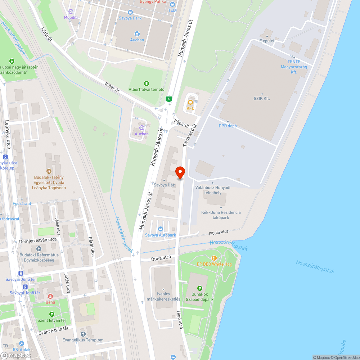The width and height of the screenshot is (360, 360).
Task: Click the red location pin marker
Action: click(180, 172)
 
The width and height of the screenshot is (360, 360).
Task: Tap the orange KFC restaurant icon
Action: click(190, 102)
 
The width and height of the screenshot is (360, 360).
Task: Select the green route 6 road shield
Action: click(168, 99)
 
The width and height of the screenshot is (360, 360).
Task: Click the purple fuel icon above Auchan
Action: click(141, 127)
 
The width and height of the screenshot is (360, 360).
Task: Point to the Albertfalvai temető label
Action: click(147, 89)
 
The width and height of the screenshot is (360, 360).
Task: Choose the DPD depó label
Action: click(228, 126)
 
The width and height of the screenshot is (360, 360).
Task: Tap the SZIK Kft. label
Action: click(262, 98)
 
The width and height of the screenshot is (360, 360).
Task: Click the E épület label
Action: click(267, 41)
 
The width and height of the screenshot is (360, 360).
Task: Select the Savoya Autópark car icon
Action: click(161, 229)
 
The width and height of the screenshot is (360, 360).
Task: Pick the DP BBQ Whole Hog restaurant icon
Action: click(214, 258)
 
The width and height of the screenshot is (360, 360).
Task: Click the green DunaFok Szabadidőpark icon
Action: click(199, 288)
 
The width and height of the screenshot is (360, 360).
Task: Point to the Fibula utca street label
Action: click(219, 233)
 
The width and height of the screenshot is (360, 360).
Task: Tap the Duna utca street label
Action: click(161, 258)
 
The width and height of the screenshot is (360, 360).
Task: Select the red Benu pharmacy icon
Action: click(50, 296)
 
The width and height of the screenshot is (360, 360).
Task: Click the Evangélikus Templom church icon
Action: click(83, 334)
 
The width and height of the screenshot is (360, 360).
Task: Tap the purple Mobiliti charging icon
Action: click(71, 12)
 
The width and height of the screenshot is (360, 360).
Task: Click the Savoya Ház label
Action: click(165, 185)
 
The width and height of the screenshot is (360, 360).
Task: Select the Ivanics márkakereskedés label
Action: click(163, 297)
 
